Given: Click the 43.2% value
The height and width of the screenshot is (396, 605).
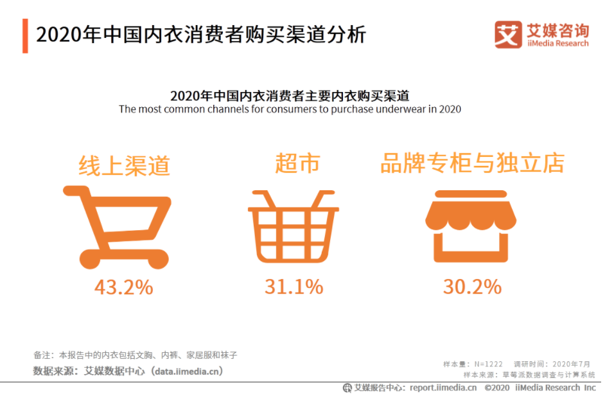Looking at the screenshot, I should pos(124,287).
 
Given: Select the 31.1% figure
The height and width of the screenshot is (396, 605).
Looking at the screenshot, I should pos(294,287).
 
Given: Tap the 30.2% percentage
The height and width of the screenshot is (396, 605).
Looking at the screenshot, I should pos(472,287).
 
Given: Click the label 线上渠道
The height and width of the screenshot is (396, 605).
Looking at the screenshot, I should pos(124,165).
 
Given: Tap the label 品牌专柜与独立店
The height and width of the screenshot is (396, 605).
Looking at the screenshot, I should pos(472,164).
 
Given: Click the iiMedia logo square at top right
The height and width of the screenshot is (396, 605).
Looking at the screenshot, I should pos(508,35).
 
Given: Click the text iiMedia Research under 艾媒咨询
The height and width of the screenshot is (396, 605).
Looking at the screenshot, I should pos(557,44).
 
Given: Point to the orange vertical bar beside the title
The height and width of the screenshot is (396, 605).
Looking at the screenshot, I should pos(25,35).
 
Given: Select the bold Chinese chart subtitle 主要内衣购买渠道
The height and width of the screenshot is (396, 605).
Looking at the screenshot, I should pos(290,96).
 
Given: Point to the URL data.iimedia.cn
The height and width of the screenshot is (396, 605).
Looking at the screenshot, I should pos(186,371).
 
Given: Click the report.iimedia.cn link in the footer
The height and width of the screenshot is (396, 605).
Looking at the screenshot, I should pos(443,388).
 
